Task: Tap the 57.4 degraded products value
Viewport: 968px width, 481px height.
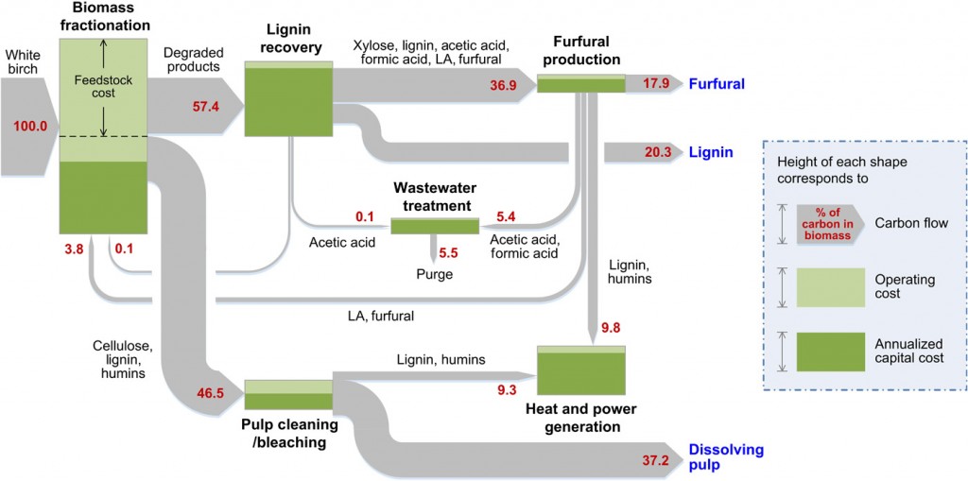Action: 205,106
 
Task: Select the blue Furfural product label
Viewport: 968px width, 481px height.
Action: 717,84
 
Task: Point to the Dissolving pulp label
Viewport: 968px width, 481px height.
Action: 726,458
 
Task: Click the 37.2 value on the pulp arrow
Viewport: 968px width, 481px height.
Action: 655,460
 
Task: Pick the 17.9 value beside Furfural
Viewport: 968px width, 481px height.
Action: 656,84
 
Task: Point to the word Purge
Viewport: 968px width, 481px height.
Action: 435,274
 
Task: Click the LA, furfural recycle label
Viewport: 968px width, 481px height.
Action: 380,316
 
